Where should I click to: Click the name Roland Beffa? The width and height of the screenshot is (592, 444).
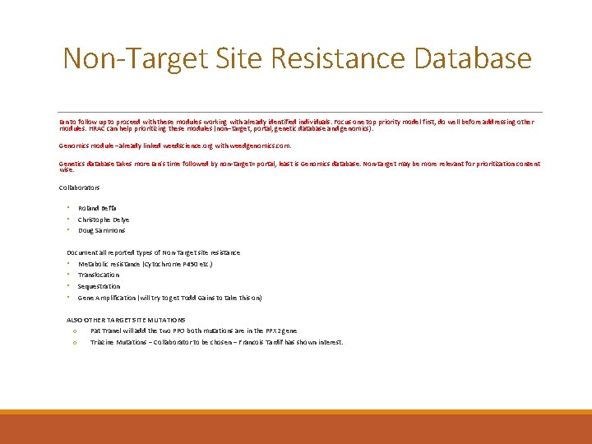click(x=97, y=208)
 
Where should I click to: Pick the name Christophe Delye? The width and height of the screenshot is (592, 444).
click(x=104, y=220)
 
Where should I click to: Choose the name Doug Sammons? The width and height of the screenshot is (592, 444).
click(x=101, y=230)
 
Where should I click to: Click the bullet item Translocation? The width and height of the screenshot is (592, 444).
click(x=99, y=275)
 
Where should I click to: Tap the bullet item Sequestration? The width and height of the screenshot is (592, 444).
click(x=99, y=286)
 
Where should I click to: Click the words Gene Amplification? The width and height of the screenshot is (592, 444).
click(x=104, y=298)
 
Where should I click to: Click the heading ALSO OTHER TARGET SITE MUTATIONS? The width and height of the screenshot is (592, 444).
click(x=126, y=320)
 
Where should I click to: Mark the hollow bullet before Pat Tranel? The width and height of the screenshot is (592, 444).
click(x=74, y=331)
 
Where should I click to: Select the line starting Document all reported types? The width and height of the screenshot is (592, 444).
click(x=153, y=252)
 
